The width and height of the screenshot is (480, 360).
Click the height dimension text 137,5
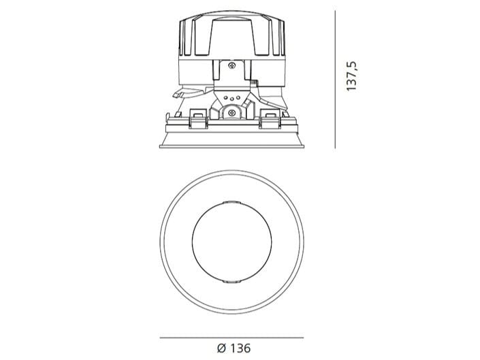tap(352, 76)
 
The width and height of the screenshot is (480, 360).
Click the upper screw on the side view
tap(231, 65)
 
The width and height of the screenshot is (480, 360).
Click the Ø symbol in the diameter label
tap(221, 348)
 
